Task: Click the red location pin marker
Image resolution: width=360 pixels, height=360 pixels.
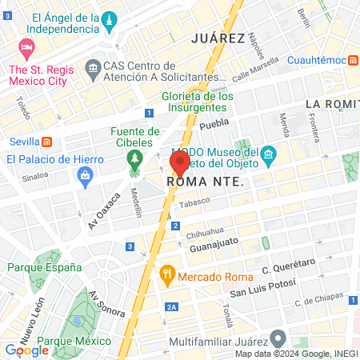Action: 179,163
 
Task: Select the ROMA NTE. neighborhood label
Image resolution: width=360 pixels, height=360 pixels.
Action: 204,182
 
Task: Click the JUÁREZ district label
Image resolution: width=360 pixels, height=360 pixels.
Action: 218,38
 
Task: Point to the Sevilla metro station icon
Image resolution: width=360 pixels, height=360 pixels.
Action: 47,142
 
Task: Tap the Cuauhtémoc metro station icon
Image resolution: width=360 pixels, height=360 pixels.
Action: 353,60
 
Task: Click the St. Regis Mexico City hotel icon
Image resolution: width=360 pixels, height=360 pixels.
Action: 26,49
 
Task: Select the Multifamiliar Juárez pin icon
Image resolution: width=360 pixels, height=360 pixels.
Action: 278,338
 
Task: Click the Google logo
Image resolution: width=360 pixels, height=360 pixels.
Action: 26,350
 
